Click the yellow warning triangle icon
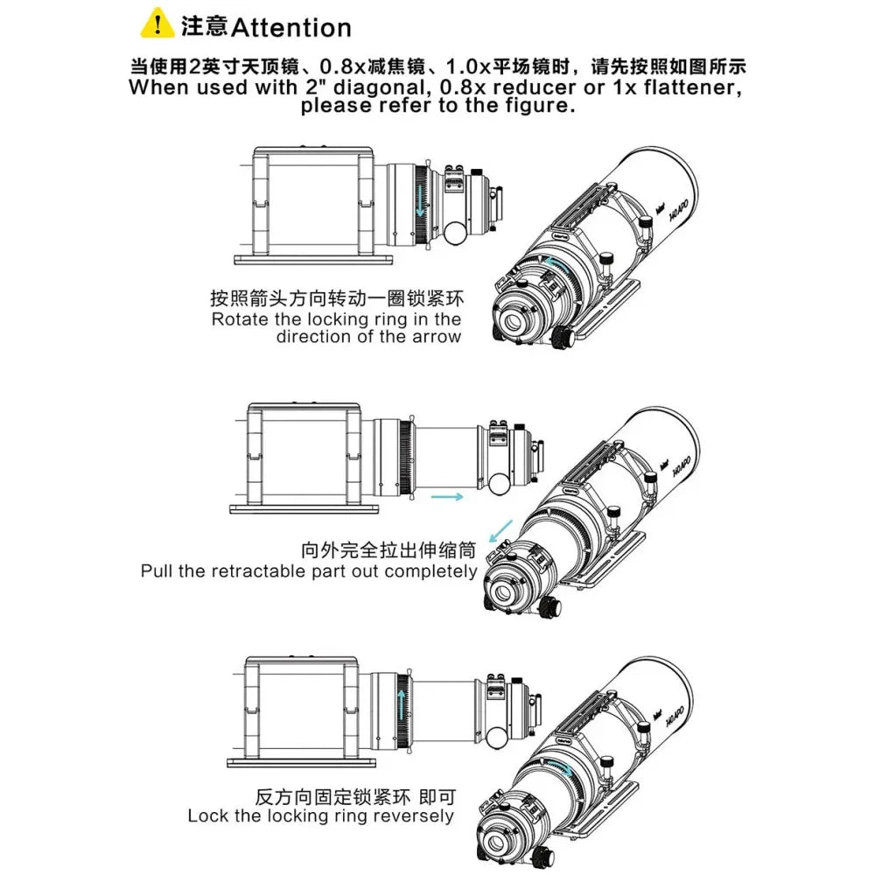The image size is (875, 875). pyautogui.click(x=157, y=23)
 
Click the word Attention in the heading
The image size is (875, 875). pyautogui.click(x=290, y=28)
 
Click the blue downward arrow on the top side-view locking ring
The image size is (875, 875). pyautogui.click(x=420, y=202)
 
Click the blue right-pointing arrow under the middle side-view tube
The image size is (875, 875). pyautogui.click(x=447, y=497)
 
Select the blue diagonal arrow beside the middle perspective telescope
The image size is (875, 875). pyautogui.click(x=500, y=531)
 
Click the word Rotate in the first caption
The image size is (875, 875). pyautogui.click(x=240, y=319)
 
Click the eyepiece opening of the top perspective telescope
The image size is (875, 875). pyautogui.click(x=512, y=322)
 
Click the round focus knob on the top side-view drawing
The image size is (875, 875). pyautogui.click(x=455, y=234)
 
